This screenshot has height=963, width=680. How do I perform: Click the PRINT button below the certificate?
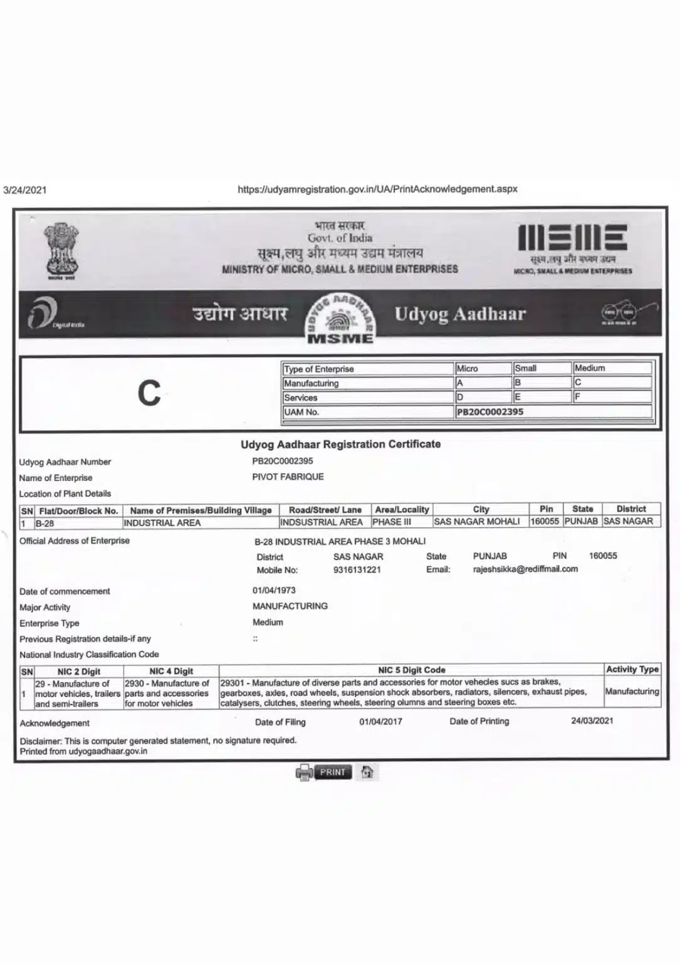(332, 772)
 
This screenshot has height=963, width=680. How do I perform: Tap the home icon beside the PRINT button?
(368, 772)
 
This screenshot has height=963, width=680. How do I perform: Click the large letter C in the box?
(149, 393)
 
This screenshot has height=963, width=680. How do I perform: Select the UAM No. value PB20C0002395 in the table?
(490, 412)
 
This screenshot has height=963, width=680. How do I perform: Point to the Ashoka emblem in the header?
(61, 251)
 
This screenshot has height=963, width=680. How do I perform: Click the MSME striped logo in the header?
(572, 239)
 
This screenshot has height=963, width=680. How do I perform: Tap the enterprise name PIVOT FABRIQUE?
(288, 476)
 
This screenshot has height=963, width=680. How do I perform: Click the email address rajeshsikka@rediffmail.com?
(525, 569)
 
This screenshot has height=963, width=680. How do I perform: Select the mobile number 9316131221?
(357, 570)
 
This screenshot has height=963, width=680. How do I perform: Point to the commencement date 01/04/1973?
(274, 590)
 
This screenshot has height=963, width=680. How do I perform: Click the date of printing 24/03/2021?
(592, 720)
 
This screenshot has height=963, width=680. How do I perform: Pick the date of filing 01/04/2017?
(380, 722)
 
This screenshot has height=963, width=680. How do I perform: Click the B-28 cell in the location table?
(44, 523)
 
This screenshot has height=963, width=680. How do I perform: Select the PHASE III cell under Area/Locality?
(392, 522)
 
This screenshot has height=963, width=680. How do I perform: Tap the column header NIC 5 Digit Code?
(411, 670)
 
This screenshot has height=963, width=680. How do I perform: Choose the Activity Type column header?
(632, 670)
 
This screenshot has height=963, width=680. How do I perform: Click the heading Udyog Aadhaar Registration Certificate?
(340, 444)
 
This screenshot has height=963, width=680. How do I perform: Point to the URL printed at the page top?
(377, 189)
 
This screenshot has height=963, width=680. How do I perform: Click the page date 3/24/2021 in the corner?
(25, 190)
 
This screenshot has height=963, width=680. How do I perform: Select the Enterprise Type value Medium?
(268, 622)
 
